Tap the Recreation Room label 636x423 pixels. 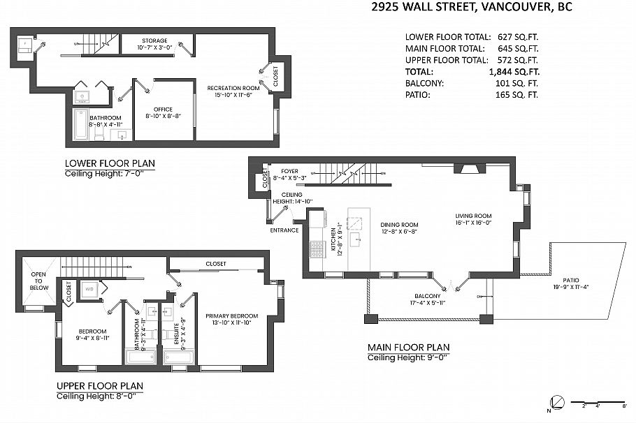coord(233,88)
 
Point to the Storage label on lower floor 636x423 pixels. coord(154,41)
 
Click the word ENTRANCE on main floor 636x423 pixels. coord(284,230)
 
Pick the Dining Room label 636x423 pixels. coord(398,225)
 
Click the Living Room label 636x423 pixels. coord(473,216)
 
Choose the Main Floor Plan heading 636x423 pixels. coord(408,348)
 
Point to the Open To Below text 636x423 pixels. coord(39,281)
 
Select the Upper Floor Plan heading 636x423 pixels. coord(99,385)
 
